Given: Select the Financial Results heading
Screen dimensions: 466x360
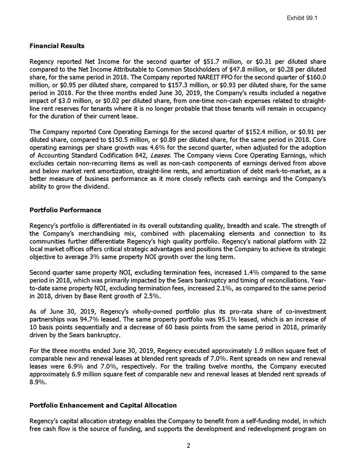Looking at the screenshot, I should tap(57, 46).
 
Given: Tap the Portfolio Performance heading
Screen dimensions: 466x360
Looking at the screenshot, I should tap(66, 210).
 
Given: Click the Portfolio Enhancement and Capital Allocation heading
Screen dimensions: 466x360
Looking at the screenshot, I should tap(103, 405).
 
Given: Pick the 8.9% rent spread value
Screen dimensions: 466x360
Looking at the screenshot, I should tap(38, 382).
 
